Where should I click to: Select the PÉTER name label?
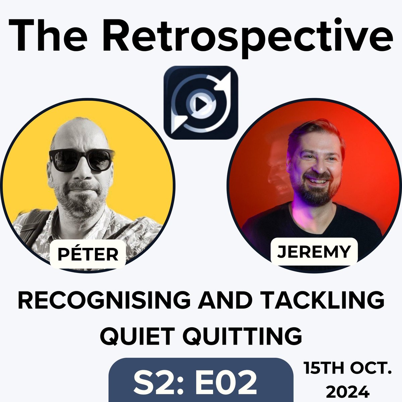pos(88,254)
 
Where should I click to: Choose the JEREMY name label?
pos(314,251)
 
